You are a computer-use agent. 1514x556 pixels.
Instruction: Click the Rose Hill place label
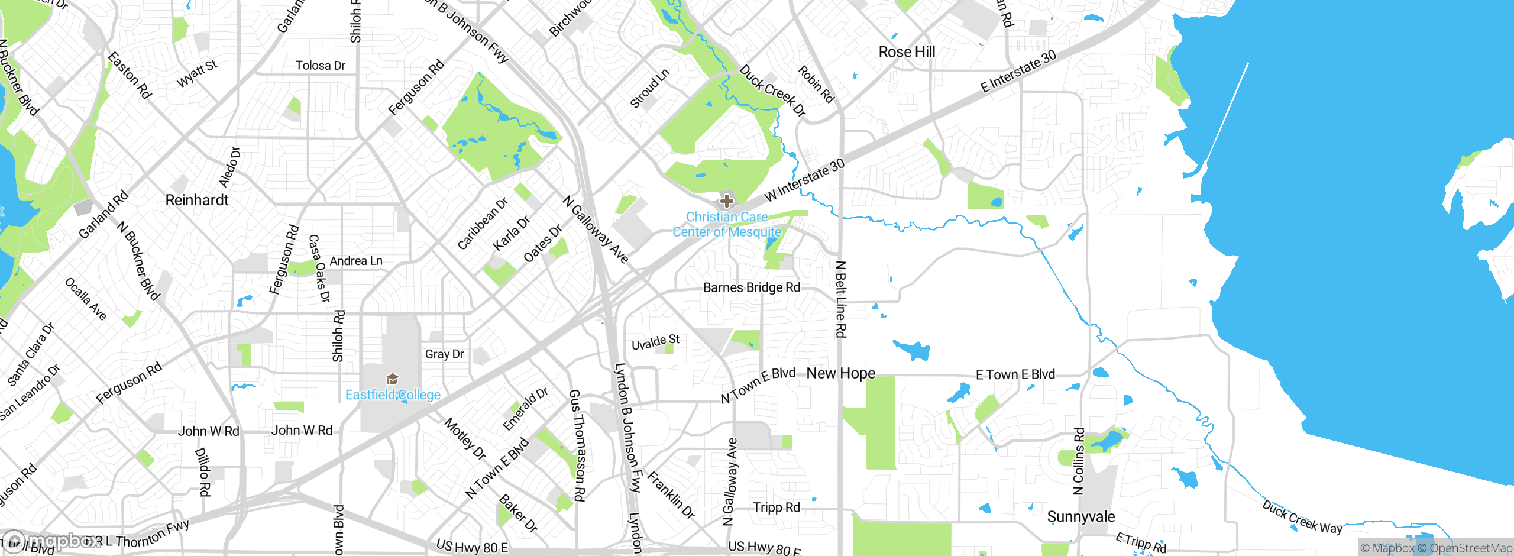tap(907, 52)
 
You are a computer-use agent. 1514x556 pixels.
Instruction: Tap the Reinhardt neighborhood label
tap(197, 200)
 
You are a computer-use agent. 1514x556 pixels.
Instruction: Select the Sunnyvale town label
tap(1080, 516)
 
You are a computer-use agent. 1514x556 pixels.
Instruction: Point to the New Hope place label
tap(840, 373)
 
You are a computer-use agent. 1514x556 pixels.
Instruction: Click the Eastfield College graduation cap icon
tap(392, 379)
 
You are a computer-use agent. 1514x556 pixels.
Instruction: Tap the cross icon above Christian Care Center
tap(727, 201)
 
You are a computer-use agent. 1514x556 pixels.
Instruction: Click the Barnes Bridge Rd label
tap(751, 287)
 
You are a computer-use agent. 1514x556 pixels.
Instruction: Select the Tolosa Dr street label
tap(320, 66)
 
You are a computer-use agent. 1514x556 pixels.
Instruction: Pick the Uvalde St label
tap(655, 342)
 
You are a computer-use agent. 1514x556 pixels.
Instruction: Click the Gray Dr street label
tap(444, 354)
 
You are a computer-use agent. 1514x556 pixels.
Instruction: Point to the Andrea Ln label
tap(355, 261)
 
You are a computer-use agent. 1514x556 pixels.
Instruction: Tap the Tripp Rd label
tap(776, 507)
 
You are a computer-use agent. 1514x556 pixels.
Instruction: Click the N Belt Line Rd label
tap(840, 299)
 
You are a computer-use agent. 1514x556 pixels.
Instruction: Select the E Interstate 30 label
tap(1018, 71)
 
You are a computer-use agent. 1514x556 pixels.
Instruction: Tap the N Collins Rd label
tap(1079, 461)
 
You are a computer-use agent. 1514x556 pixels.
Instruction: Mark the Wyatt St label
tap(197, 73)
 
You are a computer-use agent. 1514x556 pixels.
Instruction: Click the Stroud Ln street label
tap(649, 89)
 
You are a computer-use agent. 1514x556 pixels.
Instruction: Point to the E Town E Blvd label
tap(1015, 374)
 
